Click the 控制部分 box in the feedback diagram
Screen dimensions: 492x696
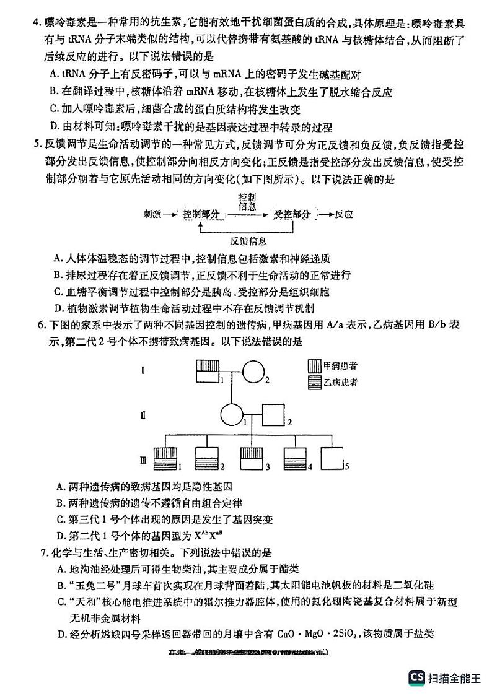click(x=202, y=214)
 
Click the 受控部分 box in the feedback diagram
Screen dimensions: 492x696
click(x=292, y=214)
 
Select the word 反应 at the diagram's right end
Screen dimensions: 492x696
click(x=343, y=214)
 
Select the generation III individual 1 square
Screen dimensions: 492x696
click(x=165, y=458)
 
